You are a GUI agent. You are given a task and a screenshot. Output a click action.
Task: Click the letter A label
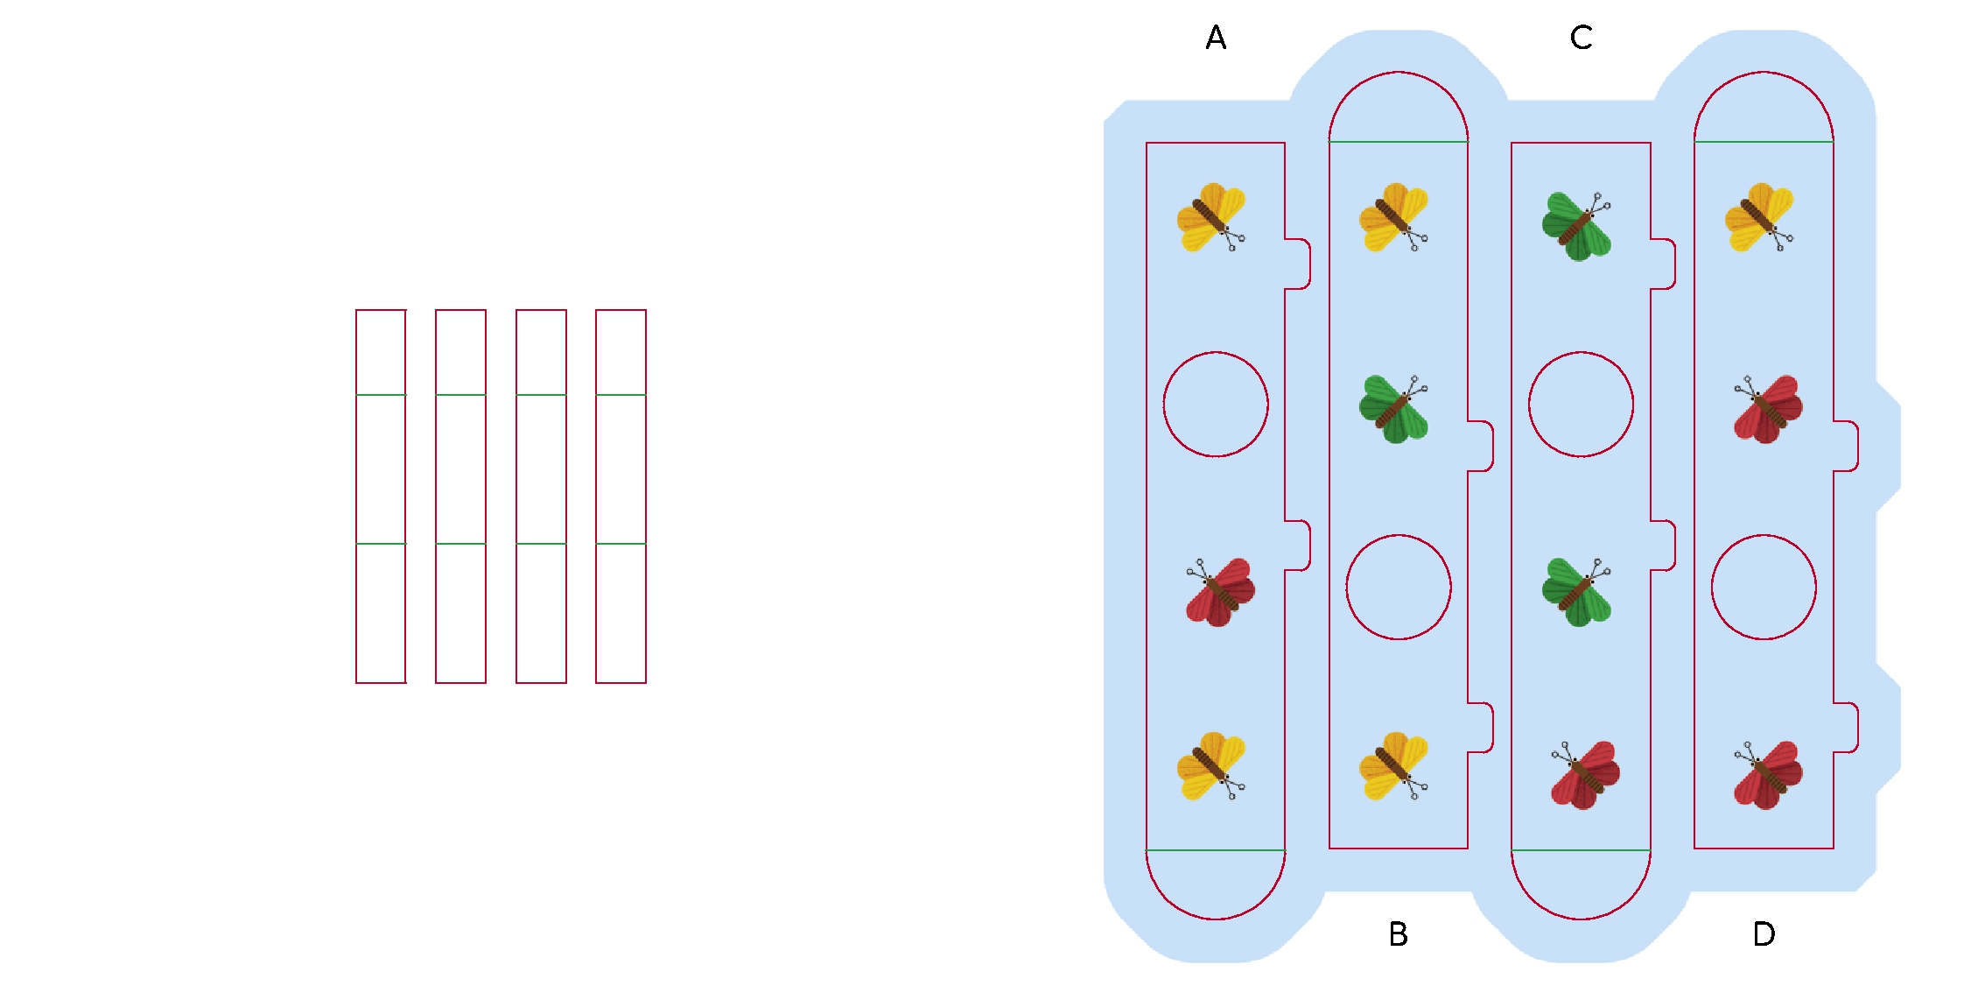[1216, 38]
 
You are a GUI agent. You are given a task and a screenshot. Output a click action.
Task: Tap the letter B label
[1398, 934]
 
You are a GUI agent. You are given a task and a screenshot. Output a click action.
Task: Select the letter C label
[1581, 38]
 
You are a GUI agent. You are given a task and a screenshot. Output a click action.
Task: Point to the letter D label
[1764, 934]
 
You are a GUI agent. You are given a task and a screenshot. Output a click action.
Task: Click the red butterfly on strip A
[1220, 592]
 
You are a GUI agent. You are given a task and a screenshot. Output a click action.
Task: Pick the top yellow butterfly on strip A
[1211, 217]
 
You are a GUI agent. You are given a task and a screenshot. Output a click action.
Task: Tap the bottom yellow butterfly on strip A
[1211, 766]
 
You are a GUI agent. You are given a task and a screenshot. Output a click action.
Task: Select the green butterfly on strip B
[1394, 409]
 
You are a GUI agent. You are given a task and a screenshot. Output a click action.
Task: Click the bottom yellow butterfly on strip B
[1394, 766]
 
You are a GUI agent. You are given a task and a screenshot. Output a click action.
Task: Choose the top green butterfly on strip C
[1576, 226]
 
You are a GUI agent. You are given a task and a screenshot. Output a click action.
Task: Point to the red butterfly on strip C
[1585, 775]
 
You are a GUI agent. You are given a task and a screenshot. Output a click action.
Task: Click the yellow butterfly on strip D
[1759, 217]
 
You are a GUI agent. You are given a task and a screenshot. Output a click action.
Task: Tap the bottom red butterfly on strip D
[1768, 775]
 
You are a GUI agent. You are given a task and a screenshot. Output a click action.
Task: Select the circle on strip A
[1216, 405]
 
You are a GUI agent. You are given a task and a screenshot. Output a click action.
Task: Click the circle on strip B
[1398, 587]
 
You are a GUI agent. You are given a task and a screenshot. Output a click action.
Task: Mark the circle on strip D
[1764, 587]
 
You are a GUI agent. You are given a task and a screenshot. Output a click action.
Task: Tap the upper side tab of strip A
[1298, 264]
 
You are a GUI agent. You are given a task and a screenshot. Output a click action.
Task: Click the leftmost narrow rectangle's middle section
[381, 469]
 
